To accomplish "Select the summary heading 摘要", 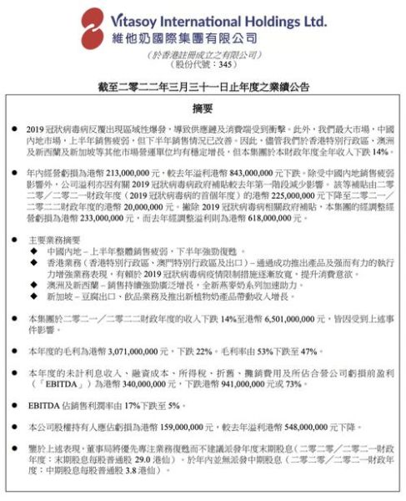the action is [203, 109].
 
